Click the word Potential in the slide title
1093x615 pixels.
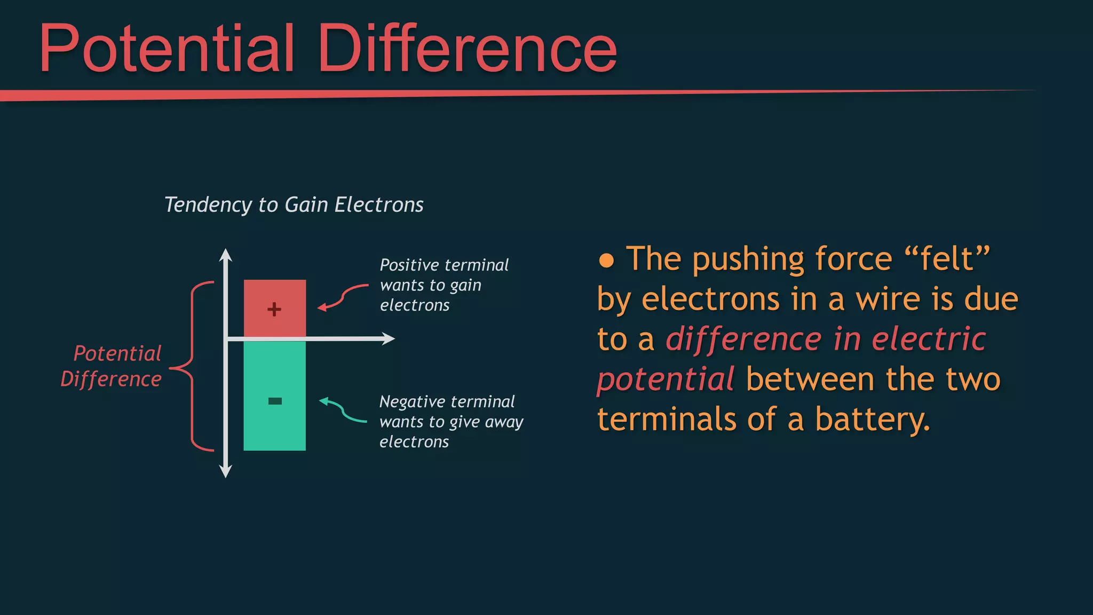pyautogui.click(x=167, y=49)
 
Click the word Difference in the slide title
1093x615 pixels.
pyautogui.click(x=468, y=49)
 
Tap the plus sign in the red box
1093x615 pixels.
pyautogui.click(x=274, y=309)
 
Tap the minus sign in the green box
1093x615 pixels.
pyautogui.click(x=275, y=401)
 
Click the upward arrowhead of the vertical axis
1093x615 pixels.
pyautogui.click(x=226, y=255)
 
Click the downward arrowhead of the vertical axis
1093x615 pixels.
pyautogui.click(x=226, y=471)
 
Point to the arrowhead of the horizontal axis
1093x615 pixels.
pyautogui.click(x=389, y=338)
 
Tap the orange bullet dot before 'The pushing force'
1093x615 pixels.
pyautogui.click(x=606, y=261)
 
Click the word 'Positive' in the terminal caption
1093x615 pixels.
pyautogui.click(x=409, y=265)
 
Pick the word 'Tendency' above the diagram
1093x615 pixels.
pyautogui.click(x=208, y=205)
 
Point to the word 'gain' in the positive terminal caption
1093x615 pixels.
pyautogui.click(x=465, y=286)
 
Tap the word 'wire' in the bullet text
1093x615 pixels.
pyautogui.click(x=888, y=299)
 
